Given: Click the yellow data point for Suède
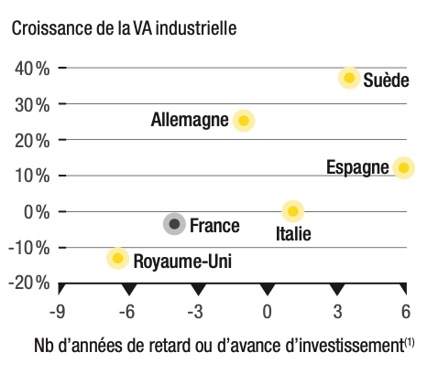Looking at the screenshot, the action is [x=349, y=78].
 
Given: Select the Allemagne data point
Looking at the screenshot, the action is [x=244, y=121].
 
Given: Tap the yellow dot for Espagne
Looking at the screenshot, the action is [x=404, y=167].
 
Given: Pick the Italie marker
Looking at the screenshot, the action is [x=293, y=211].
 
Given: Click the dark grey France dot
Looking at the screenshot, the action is [x=174, y=224].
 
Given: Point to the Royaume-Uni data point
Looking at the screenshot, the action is [x=117, y=258].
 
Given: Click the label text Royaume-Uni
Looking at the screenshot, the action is [x=182, y=262].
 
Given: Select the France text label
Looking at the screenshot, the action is [x=214, y=226].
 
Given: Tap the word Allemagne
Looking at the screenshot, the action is [x=190, y=120].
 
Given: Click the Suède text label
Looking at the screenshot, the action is [x=386, y=80].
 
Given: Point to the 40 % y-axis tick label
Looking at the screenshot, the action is [x=32, y=68].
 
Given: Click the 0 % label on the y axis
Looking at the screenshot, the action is [x=37, y=211].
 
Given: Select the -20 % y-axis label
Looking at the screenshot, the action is [x=29, y=283].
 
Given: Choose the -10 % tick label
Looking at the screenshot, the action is [x=29, y=248].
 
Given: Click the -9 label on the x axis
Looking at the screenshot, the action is [x=57, y=312].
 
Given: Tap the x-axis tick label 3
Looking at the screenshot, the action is [x=337, y=312].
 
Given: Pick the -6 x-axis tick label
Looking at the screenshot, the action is [x=127, y=312].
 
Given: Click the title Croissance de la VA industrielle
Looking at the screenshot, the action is [x=124, y=28].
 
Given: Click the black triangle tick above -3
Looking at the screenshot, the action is [x=199, y=289].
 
